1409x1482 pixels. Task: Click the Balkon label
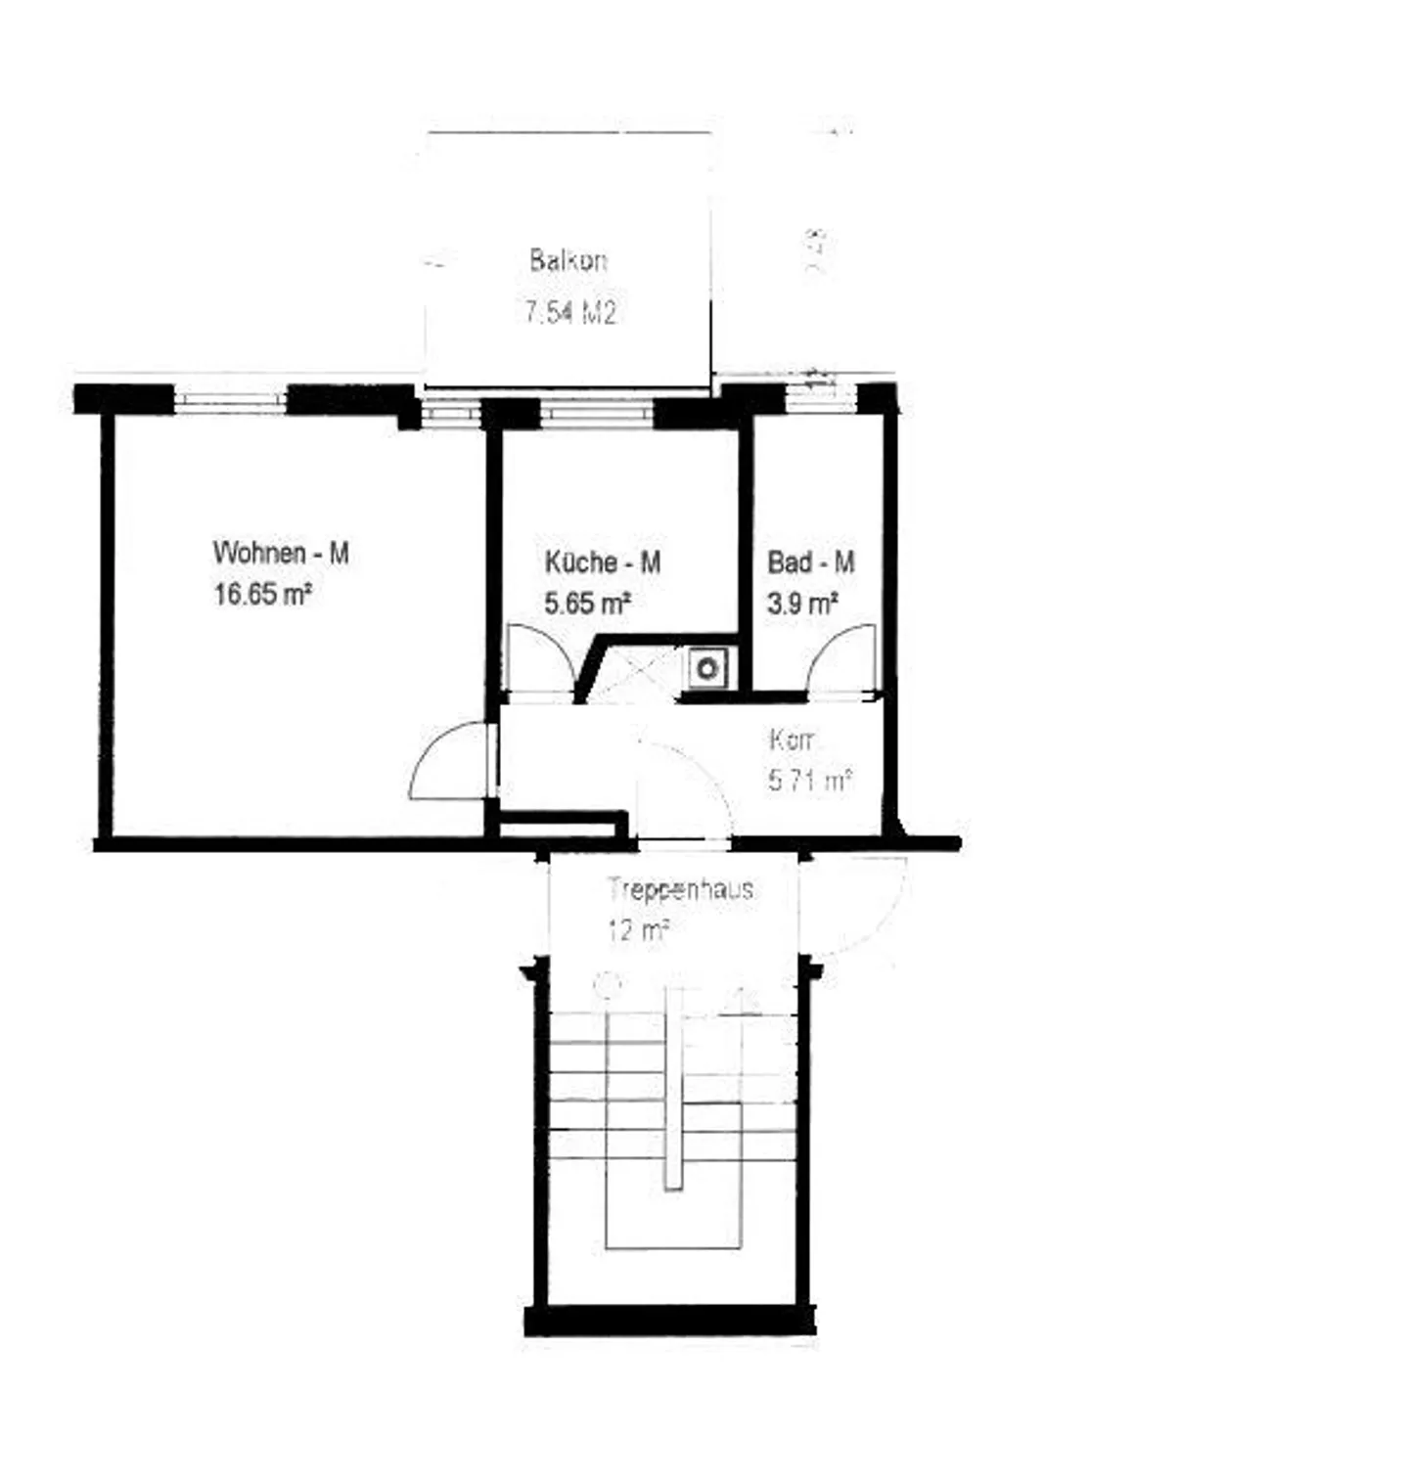coord(568,260)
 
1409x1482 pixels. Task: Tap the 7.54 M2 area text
coord(569,313)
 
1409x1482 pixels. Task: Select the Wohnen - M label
coord(281,554)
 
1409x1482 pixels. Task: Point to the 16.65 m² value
coord(262,594)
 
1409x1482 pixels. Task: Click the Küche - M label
coord(602,562)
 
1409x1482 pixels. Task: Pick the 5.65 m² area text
coord(587,604)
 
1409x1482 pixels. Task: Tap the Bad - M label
coord(810,562)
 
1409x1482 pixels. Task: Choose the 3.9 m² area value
coord(801,604)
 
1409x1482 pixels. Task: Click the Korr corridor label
coord(791,741)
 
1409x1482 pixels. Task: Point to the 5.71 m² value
coord(809,781)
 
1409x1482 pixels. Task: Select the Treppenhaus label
coord(680,889)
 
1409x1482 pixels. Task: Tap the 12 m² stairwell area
coord(637,930)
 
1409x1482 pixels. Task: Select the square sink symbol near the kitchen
coord(707,669)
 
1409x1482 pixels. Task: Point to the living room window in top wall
coord(230,399)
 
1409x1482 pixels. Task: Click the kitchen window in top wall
coord(596,414)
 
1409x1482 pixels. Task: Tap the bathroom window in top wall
coord(820,397)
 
